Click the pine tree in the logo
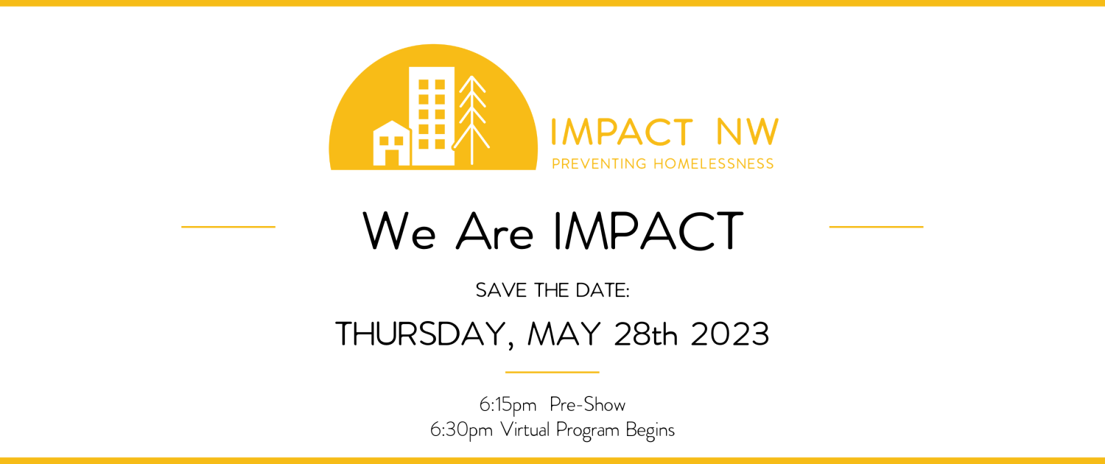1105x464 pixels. coord(471,121)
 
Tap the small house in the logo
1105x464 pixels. coord(392,143)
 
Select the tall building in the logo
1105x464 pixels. coord(432,116)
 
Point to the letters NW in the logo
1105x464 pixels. coord(748,132)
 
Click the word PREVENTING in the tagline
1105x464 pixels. coord(599,164)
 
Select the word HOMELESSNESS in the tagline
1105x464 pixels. coord(714,164)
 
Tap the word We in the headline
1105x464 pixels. coord(399,231)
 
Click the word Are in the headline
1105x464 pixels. coord(495,231)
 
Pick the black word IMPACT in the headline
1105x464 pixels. coord(649,231)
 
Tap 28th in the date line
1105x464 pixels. coord(646,334)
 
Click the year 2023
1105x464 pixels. coord(729,334)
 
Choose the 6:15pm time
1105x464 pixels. coord(508,405)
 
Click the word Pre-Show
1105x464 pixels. coord(588,404)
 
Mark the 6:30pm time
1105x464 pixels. coord(461,430)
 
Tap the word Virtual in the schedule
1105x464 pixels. coord(525,429)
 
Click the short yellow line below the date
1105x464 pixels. coord(552,372)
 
